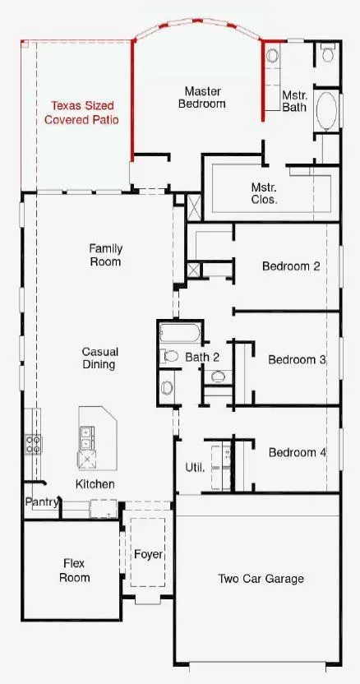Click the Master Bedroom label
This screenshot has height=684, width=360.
[202, 97]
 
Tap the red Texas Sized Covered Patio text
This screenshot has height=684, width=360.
[81, 112]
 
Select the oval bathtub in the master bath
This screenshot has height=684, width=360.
[326, 111]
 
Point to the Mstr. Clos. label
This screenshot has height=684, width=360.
[265, 193]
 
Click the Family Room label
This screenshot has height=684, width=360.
[105, 255]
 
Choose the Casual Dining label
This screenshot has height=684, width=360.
[100, 358]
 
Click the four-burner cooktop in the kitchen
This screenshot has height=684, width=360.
[33, 443]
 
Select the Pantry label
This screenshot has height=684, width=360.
[41, 502]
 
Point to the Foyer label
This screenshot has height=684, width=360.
[149, 554]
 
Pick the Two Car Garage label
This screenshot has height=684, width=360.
[261, 579]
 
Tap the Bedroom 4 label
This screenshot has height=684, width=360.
[298, 452]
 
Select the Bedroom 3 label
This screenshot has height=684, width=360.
[298, 360]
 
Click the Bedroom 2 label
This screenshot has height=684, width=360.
[291, 266]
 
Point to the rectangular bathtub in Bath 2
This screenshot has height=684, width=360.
[180, 333]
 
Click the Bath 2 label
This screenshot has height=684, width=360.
[202, 357]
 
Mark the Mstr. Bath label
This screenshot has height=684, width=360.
[294, 101]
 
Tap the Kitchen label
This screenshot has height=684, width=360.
[95, 483]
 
